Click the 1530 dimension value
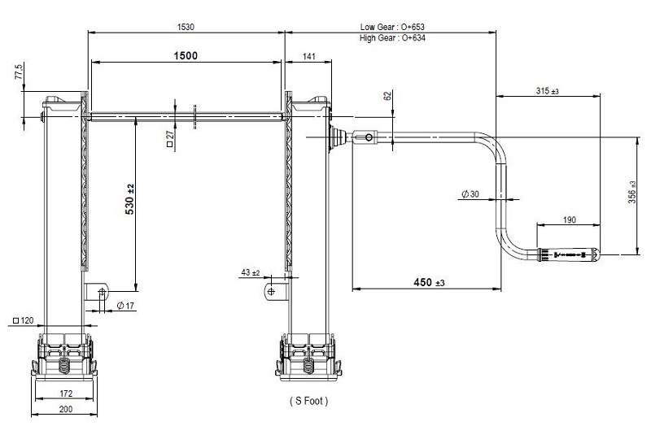(186, 27)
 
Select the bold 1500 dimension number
(186, 55)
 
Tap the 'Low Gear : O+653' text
(392, 27)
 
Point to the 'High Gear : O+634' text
(392, 38)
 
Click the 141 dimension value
(309, 56)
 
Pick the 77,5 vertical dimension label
(19, 72)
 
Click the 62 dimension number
(387, 96)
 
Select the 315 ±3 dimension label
(547, 91)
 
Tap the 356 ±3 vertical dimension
(632, 192)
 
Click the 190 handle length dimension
(569, 220)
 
